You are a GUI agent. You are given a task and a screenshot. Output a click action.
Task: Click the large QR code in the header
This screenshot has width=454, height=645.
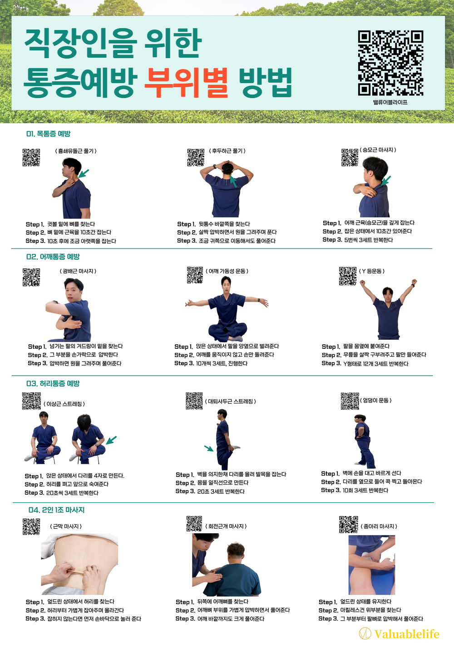point(390,63)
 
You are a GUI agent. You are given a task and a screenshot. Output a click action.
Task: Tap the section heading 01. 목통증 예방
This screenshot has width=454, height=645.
point(49,134)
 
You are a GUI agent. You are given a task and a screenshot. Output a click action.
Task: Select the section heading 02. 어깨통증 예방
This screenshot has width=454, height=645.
point(53,257)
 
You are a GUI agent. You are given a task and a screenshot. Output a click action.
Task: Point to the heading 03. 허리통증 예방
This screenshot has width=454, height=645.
point(53,383)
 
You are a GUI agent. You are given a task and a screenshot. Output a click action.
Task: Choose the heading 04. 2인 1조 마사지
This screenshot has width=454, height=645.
point(56,510)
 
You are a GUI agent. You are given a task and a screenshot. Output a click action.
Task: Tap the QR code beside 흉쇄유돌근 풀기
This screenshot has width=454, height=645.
point(31,158)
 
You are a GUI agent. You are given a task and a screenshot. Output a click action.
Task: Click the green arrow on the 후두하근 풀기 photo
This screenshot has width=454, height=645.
point(233,182)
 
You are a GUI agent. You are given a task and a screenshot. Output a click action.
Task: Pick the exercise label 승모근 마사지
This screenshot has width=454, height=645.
point(378,150)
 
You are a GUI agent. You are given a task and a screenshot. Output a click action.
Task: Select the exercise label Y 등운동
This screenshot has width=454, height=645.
point(372,271)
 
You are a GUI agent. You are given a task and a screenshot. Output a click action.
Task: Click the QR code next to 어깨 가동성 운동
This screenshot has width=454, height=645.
point(195,275)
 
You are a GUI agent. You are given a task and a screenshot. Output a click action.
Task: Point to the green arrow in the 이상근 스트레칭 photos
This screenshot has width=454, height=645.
point(111,440)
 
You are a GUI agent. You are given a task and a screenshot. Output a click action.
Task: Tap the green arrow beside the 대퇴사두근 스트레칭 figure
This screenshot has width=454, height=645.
point(209,448)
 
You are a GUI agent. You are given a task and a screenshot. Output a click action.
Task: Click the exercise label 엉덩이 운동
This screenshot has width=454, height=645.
point(376,400)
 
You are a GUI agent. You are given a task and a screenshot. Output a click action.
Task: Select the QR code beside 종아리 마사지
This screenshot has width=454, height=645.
point(349,525)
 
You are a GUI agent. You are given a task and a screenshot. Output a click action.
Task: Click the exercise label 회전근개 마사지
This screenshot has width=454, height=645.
point(226,526)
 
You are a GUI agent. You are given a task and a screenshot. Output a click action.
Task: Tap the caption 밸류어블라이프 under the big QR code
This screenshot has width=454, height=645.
point(390,102)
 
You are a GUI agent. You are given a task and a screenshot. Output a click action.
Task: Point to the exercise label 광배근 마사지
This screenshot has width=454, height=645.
point(78,271)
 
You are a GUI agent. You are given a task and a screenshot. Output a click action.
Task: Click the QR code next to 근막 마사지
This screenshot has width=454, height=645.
point(31,526)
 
